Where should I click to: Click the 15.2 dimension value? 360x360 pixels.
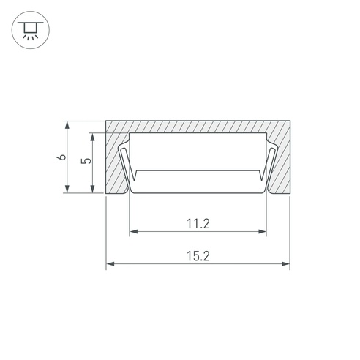coord(198,256)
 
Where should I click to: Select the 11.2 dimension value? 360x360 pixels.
coord(198,224)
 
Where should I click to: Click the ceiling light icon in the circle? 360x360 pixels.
coord(31,30)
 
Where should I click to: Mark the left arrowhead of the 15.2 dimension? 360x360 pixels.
coord(110,264)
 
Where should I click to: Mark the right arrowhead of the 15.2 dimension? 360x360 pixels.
coord(285,264)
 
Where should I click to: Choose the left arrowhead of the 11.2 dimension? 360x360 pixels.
coord(134,231)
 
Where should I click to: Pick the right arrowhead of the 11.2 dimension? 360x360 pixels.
coord(262,231)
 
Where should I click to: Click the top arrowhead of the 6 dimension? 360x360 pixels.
coord(67,125)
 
